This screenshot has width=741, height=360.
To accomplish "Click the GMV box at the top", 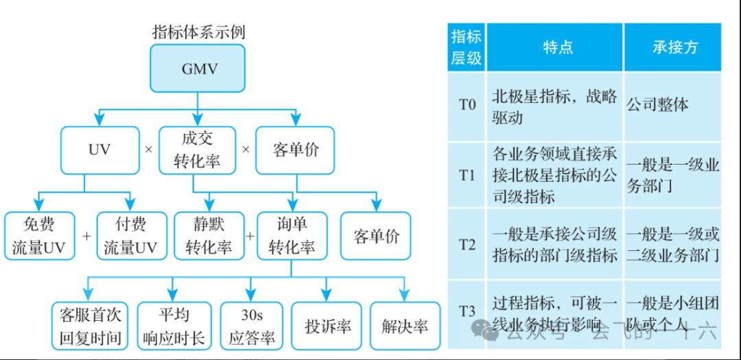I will coord(198,69).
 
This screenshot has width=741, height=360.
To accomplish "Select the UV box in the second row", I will coord(99,149).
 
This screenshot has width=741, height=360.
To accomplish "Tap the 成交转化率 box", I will coord(197,149).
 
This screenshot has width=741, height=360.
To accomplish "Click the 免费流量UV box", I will coord(38,236).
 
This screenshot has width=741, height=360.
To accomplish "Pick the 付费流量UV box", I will coord(130,236).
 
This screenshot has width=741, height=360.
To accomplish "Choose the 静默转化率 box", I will coord(209,236).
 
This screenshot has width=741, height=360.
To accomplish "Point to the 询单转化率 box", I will coord(292,236).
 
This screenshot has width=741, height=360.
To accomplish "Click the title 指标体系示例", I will coord(198,32).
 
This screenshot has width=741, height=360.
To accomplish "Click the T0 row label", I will coord(467,105).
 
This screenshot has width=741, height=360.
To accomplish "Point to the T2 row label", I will coord(467,244).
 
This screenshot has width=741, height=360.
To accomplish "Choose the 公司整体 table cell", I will coord(657,105).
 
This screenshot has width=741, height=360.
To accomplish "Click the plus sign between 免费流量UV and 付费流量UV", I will coord(86,236).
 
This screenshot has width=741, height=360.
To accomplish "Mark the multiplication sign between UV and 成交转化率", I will coord(148,149).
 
